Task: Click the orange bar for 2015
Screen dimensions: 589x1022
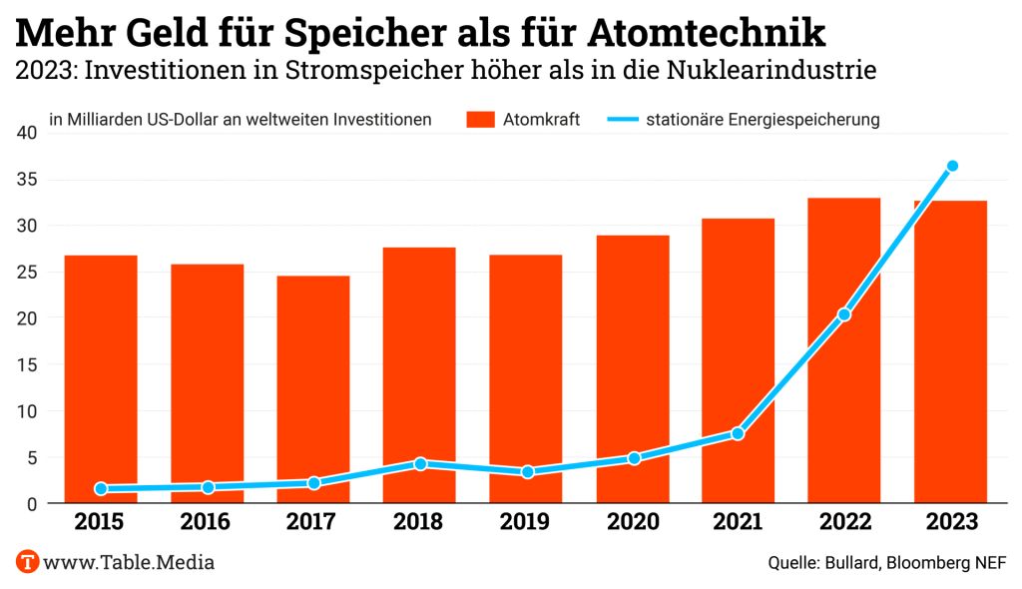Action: click(x=101, y=379)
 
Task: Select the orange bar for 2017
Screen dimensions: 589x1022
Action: click(x=313, y=389)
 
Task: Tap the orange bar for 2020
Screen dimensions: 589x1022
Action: click(x=633, y=369)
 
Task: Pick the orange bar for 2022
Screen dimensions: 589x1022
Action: click(x=844, y=349)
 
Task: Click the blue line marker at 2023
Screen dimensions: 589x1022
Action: click(x=952, y=166)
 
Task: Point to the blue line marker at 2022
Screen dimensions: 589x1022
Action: click(x=844, y=314)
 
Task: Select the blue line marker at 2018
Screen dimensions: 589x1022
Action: click(x=420, y=463)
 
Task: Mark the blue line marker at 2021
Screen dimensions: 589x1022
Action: click(x=738, y=433)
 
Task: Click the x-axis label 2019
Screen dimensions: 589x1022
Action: click(x=526, y=522)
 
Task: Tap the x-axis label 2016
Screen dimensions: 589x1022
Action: click(x=207, y=522)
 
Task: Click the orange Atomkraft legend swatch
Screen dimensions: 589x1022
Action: click(x=480, y=120)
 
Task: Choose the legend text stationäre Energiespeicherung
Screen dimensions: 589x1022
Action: click(x=763, y=120)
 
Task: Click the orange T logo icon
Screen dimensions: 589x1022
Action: click(x=28, y=561)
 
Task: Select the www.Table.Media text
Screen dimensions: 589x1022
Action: click(x=129, y=562)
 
